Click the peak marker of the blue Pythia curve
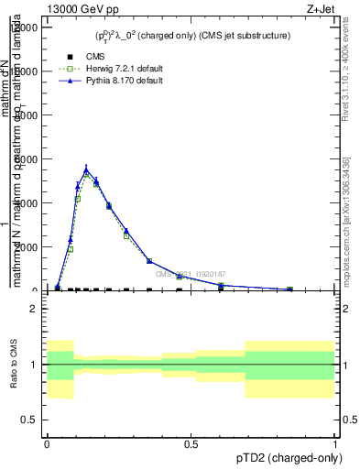[x=86, y=169]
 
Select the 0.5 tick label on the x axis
[x=191, y=444]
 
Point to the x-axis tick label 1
[x=335, y=444]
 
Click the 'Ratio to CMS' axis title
[x=15, y=365]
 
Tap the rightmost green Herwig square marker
[x=289, y=289]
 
